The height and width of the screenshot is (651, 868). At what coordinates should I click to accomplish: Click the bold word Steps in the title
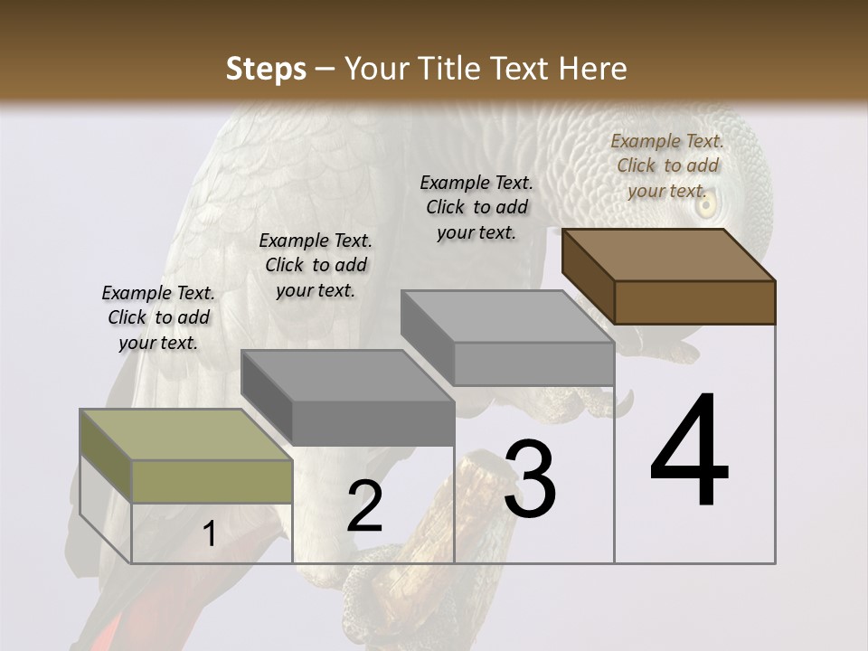266,70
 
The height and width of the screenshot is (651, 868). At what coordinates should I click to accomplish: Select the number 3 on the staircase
529,480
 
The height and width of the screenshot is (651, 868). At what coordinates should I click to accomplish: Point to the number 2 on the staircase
364,506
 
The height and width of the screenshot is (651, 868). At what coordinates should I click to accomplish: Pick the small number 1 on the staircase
209,534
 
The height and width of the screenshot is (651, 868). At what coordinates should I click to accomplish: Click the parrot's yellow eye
705,205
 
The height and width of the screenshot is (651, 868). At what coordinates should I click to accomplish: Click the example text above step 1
158,317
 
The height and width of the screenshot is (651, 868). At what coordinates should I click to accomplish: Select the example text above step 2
316,265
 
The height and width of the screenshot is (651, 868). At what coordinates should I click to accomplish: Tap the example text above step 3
476,207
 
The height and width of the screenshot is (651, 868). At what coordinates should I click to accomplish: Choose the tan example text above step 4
667,165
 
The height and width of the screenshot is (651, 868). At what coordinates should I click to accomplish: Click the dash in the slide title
325,70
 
